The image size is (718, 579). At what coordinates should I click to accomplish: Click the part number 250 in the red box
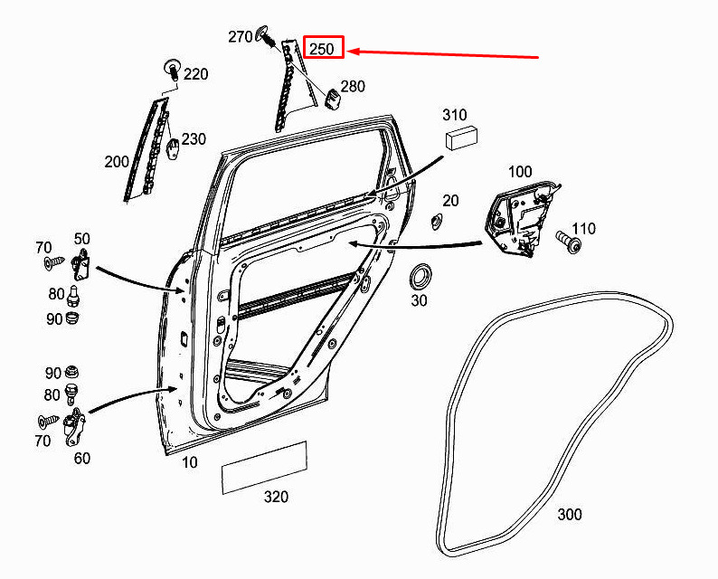(x=322, y=49)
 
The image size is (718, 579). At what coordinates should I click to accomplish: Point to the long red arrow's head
(x=349, y=52)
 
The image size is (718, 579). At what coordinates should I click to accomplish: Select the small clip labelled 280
(x=333, y=99)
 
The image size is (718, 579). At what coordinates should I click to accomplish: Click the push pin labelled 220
(x=172, y=68)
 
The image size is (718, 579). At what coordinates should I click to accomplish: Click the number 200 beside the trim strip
(x=117, y=162)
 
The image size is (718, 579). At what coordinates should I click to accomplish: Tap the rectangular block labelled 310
(x=461, y=137)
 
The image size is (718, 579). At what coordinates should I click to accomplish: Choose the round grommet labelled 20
(x=436, y=222)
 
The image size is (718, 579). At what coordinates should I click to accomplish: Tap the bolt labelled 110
(x=569, y=242)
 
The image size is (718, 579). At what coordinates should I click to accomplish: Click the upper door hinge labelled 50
(x=81, y=264)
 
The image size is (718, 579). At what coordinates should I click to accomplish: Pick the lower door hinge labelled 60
(x=74, y=426)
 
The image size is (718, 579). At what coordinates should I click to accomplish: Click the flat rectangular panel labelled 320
(x=264, y=468)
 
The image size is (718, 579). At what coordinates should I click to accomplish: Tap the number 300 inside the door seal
(x=570, y=515)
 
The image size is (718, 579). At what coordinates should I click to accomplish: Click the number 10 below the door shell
(x=190, y=462)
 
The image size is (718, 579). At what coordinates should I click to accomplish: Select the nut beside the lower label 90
(x=71, y=371)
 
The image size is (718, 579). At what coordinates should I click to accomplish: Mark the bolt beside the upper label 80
(x=73, y=295)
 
